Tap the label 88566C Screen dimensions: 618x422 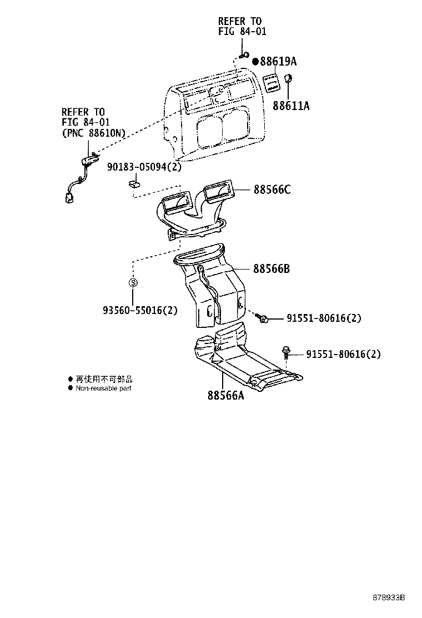tap(272, 190)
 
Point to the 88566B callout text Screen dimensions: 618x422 tap(272, 269)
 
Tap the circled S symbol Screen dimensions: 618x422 tap(133, 282)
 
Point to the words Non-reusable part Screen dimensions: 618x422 tap(103, 388)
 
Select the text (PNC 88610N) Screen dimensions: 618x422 tap(93, 132)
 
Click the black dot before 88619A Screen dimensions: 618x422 tap(256, 61)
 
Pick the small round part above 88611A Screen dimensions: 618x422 tap(289, 78)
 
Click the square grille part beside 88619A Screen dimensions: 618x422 tap(270, 82)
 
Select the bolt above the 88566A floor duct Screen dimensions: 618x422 tap(286, 351)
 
